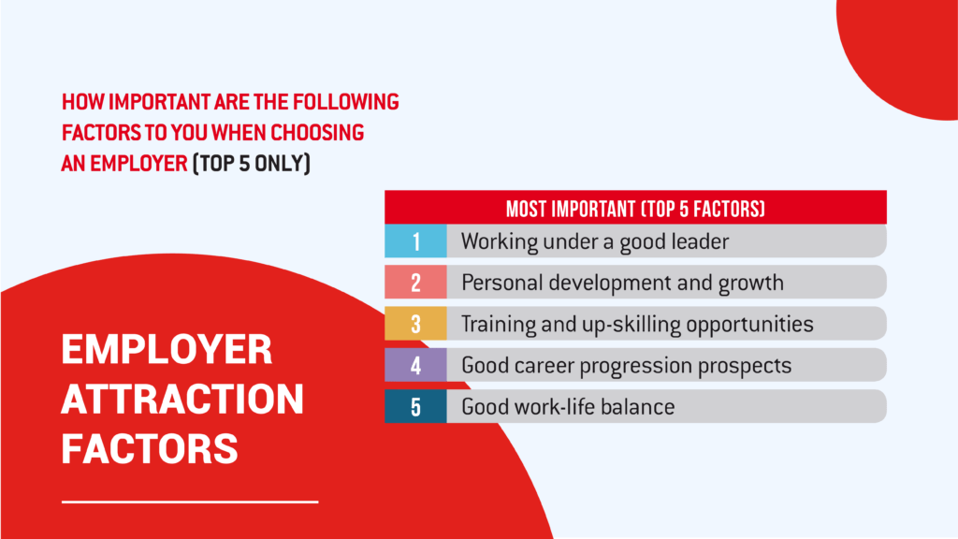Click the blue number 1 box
[x=415, y=240]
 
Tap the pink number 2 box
[x=415, y=283]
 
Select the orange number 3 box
[x=415, y=323]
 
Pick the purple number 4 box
[x=415, y=365]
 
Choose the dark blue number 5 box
[x=415, y=406]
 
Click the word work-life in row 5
[x=554, y=407]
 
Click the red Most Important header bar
[x=635, y=207]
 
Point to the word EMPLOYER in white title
[x=167, y=350]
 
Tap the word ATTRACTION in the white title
[x=182, y=399]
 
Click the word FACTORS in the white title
[x=150, y=448]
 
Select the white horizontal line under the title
[x=190, y=503]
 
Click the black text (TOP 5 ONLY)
[x=252, y=164]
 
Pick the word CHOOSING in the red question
[x=318, y=133]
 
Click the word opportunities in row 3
[x=749, y=325]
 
